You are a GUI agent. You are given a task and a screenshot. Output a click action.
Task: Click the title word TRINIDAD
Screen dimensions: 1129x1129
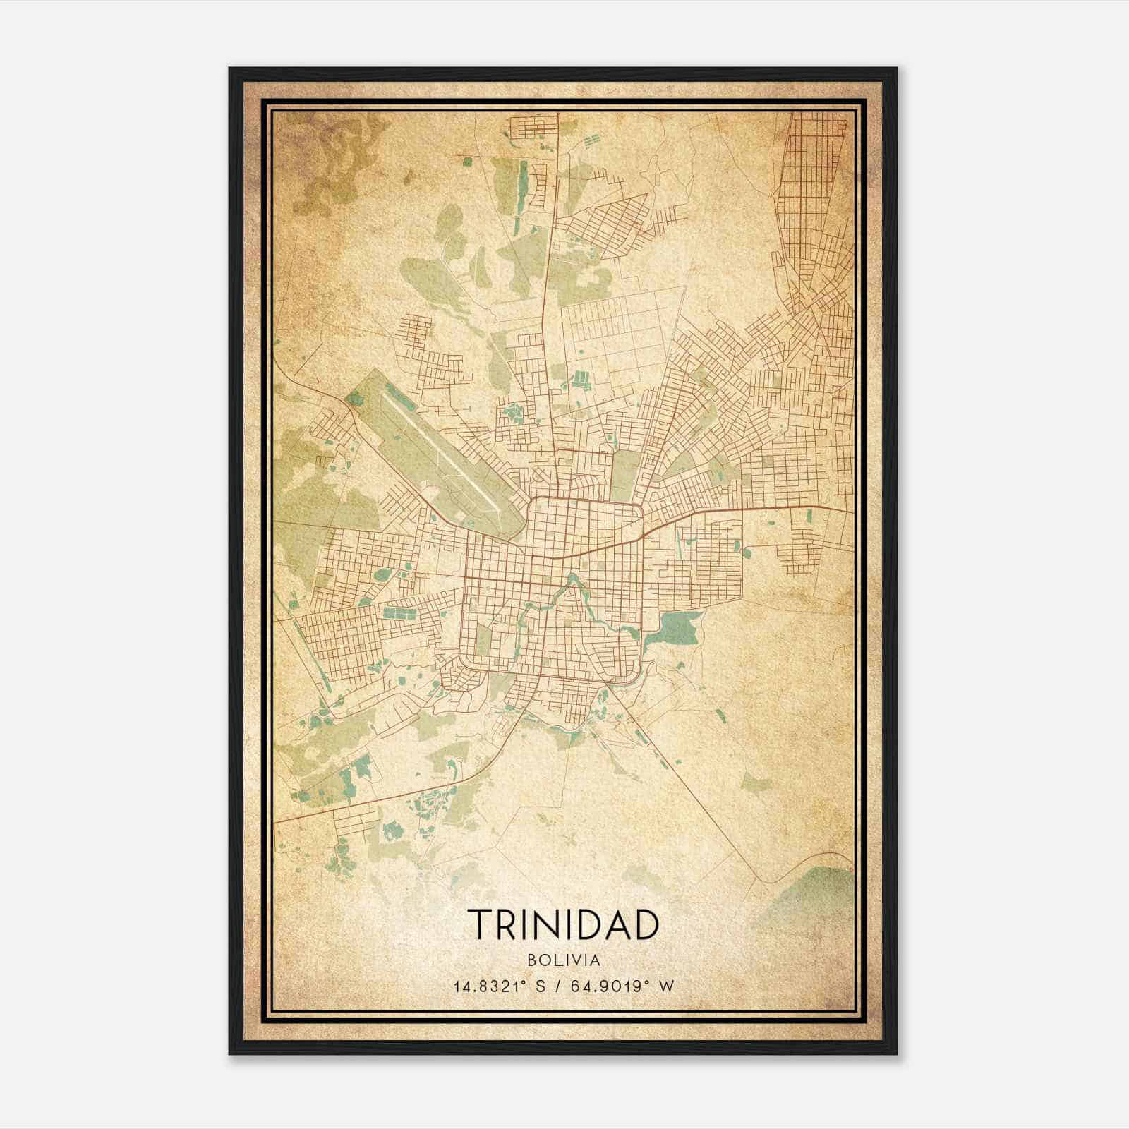pyautogui.click(x=563, y=925)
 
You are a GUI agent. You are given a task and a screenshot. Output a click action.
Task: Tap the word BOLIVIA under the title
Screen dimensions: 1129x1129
pyautogui.click(x=563, y=960)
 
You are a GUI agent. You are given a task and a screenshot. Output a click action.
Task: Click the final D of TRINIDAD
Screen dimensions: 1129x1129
pyautogui.click(x=646, y=925)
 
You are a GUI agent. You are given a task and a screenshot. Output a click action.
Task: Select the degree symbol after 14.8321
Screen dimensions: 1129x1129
pyautogui.click(x=529, y=982)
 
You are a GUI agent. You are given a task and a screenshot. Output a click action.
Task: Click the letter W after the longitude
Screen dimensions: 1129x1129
pyautogui.click(x=667, y=986)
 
